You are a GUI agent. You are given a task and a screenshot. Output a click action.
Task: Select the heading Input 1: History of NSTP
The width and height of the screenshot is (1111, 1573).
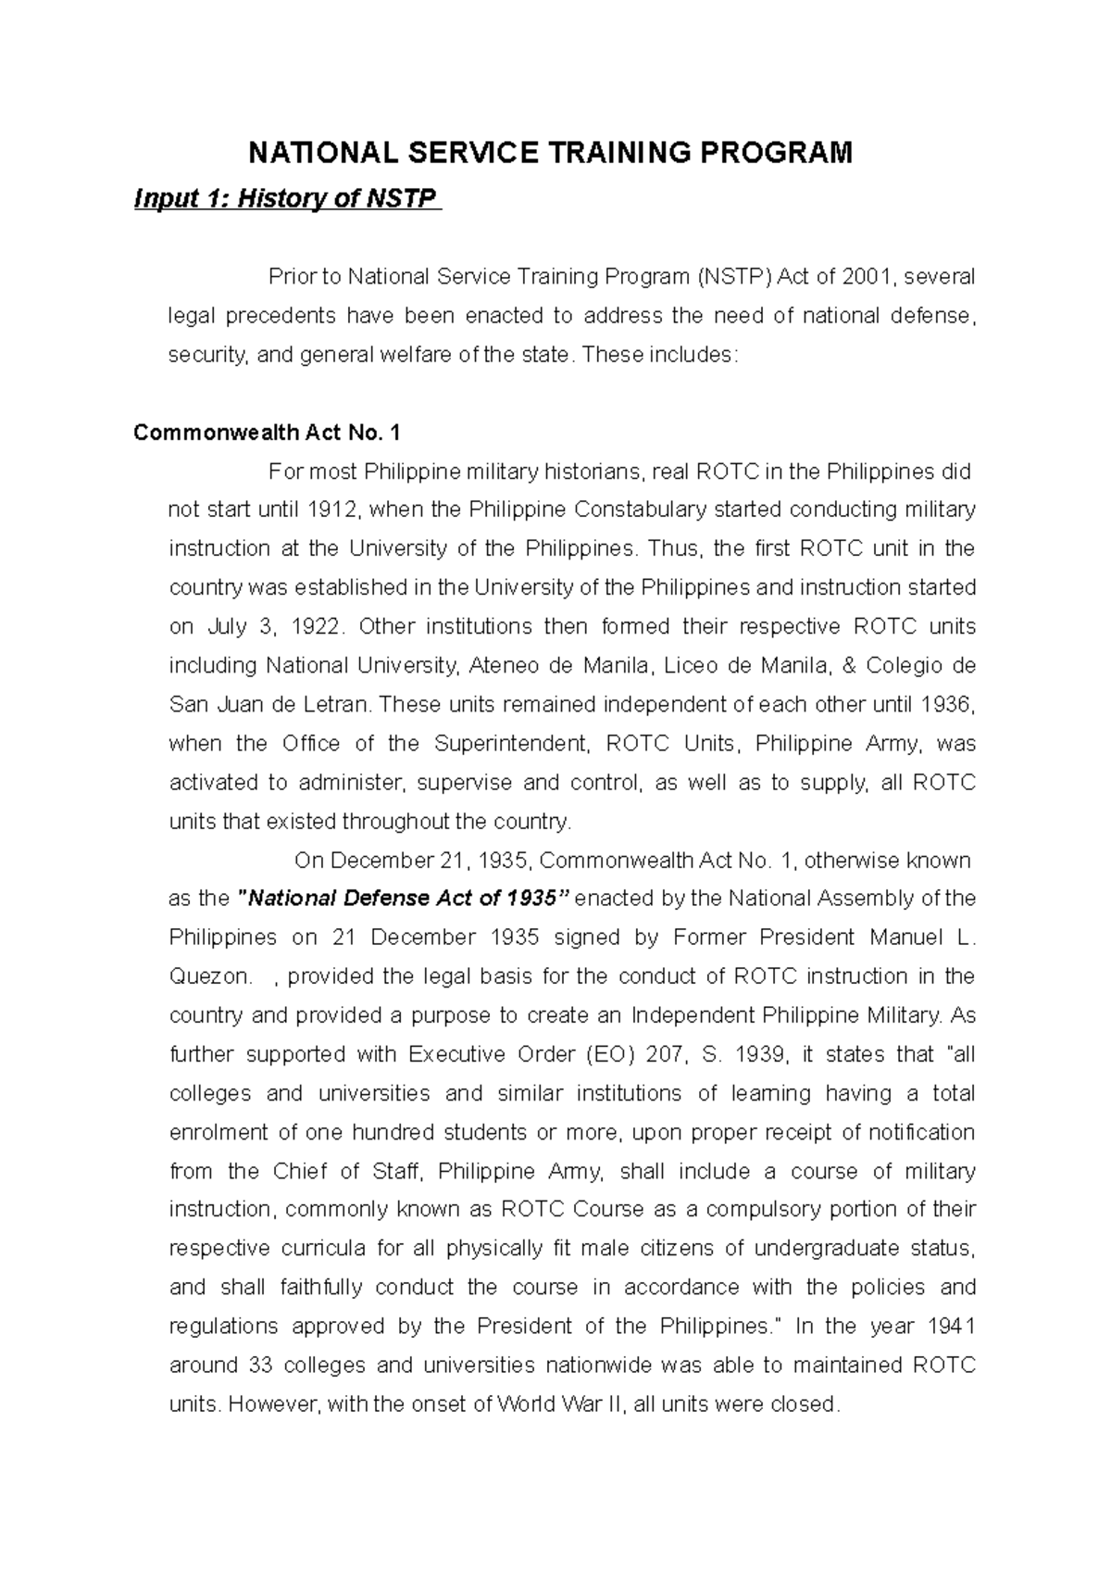[x=287, y=198]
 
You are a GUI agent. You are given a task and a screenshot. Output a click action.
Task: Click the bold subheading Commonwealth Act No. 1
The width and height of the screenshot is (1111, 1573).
[x=268, y=433]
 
